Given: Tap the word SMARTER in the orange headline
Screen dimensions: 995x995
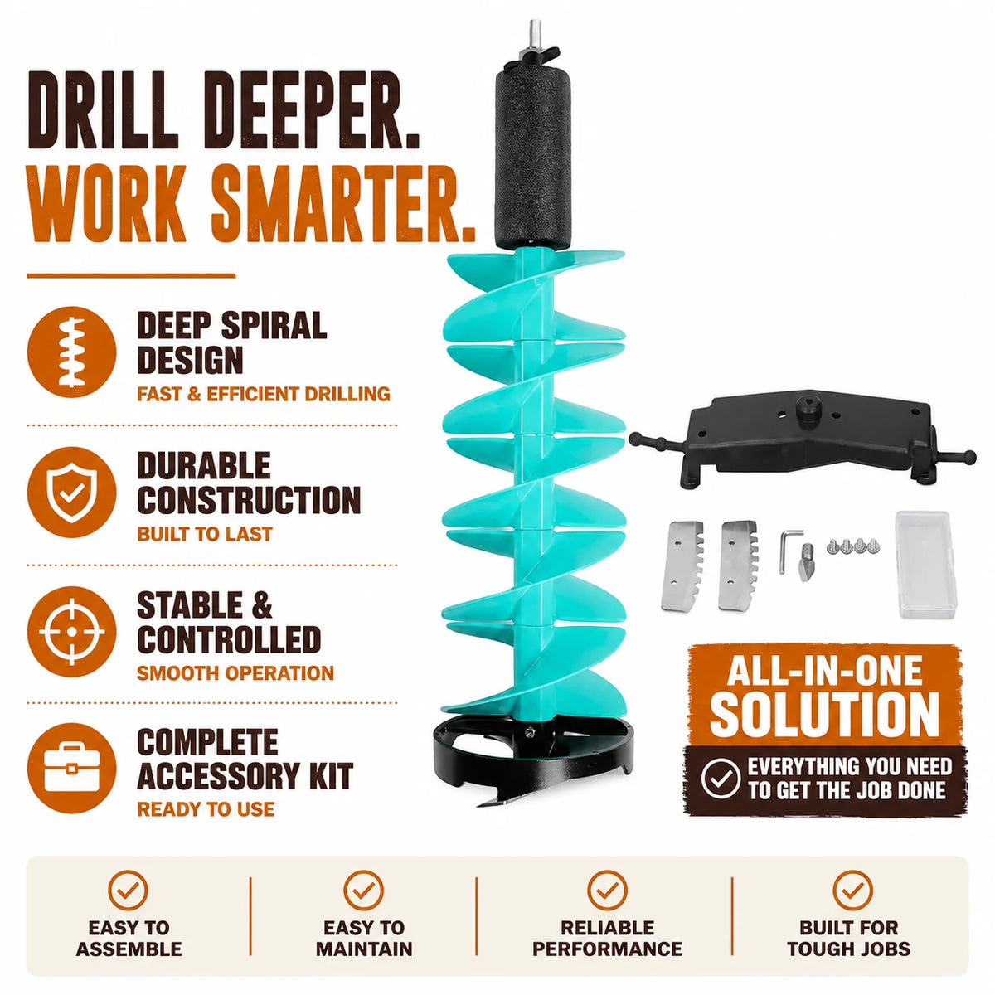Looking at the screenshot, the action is coord(342,203).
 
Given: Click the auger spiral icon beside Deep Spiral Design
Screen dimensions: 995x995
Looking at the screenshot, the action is coord(72,352).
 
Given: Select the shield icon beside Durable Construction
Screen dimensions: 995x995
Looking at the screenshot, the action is coord(72,492).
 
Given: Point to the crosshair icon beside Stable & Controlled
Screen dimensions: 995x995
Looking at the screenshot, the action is coord(72,632).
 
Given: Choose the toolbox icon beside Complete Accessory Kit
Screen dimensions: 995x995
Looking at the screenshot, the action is coord(72,769).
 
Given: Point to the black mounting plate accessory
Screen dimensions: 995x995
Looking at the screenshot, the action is coord(803,439).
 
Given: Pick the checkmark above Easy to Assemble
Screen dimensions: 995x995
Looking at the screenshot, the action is coord(129,891).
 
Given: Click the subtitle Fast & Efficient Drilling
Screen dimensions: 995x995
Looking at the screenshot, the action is coord(264,395).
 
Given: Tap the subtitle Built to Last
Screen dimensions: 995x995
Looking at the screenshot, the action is coord(205,534).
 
